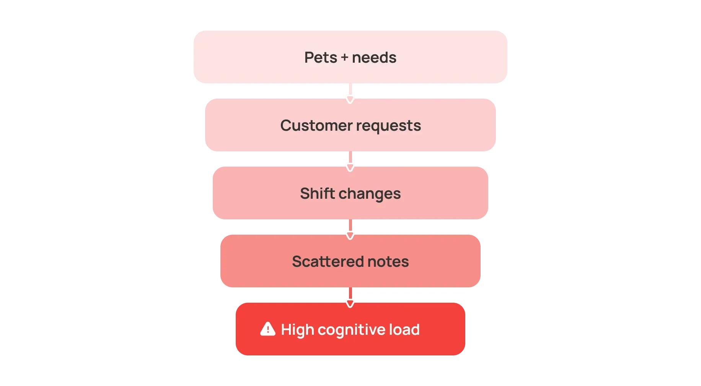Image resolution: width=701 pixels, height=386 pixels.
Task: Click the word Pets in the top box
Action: pyautogui.click(x=321, y=57)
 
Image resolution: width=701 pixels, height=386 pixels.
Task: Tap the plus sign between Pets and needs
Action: pyautogui.click(x=344, y=58)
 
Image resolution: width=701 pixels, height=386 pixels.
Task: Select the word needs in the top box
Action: pyautogui.click(x=374, y=57)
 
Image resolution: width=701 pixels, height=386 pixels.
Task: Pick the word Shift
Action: pyautogui.click(x=318, y=193)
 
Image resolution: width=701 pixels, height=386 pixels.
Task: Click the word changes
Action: pyautogui.click(x=370, y=194)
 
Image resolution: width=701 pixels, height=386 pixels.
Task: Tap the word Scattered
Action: pyautogui.click(x=328, y=261)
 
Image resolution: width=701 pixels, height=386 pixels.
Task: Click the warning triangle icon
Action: pyautogui.click(x=268, y=329)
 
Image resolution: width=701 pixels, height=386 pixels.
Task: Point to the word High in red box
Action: pyautogui.click(x=298, y=330)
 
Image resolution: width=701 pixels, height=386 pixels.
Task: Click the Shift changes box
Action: pyautogui.click(x=350, y=193)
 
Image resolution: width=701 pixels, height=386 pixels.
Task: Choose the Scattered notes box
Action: pyautogui.click(x=350, y=261)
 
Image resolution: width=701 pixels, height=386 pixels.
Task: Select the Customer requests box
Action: pyautogui.click(x=350, y=125)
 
